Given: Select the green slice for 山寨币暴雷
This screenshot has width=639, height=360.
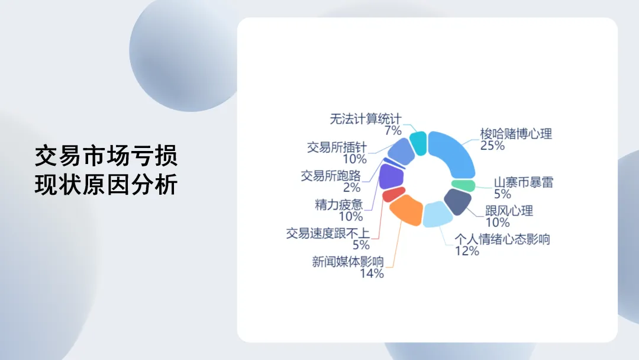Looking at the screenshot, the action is (463, 185).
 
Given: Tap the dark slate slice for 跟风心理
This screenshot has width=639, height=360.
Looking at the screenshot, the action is (457, 201).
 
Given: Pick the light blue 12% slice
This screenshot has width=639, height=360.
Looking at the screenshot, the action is (437, 214).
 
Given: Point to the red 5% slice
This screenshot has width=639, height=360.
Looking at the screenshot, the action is (393, 194).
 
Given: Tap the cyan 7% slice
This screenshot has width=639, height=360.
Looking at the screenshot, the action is (418, 143).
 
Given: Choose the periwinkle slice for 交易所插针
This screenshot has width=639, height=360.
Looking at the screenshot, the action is (401, 151).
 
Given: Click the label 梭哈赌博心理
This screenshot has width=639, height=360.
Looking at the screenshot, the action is (516, 134).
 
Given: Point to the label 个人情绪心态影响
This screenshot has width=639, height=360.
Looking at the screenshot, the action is (502, 239).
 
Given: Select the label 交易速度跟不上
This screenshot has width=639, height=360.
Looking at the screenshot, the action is (328, 233).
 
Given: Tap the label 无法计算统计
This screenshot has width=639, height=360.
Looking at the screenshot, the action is (366, 119).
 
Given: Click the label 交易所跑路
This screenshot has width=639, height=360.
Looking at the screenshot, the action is (331, 176).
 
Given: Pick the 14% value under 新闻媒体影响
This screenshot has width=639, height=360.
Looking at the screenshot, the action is (372, 273).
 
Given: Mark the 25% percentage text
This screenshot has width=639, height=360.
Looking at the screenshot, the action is (492, 146).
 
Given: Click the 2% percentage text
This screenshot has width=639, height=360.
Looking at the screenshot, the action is (351, 188).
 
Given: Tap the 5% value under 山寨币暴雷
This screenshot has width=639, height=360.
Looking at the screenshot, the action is (502, 194).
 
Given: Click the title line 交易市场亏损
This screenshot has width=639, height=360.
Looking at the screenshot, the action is (106, 156).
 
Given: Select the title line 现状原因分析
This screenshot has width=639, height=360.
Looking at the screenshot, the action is (106, 184).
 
